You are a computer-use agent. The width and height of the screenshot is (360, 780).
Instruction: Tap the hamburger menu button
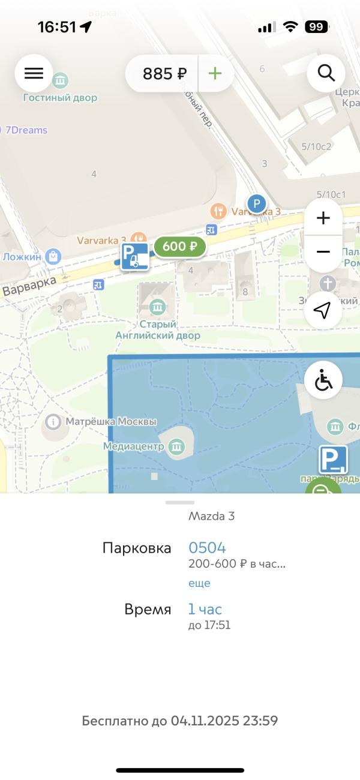pyautogui.click(x=34, y=73)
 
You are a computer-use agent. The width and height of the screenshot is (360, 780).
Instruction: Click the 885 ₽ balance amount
pyautogui.click(x=164, y=74)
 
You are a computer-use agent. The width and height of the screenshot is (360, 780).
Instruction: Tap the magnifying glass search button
pyautogui.click(x=326, y=73)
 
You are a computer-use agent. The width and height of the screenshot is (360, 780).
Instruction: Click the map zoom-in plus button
pyautogui.click(x=323, y=218)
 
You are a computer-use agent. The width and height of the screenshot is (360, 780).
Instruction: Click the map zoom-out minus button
pyautogui.click(x=323, y=251)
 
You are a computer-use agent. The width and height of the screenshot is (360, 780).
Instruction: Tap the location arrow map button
pyautogui.click(x=323, y=310)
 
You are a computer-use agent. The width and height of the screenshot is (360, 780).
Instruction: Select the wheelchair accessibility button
pyautogui.click(x=323, y=380)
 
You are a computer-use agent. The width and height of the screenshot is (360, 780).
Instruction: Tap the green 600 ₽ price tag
pyautogui.click(x=179, y=246)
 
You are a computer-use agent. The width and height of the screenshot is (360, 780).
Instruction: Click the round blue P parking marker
pyautogui.click(x=257, y=205)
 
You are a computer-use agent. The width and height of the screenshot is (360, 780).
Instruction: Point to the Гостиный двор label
pyautogui.click(x=60, y=97)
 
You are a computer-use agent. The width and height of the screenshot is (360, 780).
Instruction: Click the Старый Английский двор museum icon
pyautogui.click(x=158, y=308)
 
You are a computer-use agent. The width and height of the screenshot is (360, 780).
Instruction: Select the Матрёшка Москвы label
pyautogui.click(x=110, y=422)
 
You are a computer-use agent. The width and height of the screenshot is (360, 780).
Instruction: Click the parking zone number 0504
pyautogui.click(x=207, y=547)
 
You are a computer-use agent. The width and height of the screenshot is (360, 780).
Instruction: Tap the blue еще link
pyautogui.click(x=199, y=583)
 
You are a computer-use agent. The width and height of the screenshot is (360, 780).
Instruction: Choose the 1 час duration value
pyautogui.click(x=205, y=609)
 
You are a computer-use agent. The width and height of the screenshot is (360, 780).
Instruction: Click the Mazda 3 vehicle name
pyautogui.click(x=211, y=516)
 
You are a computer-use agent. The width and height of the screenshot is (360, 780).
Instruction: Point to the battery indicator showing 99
pyautogui.click(x=316, y=26)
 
